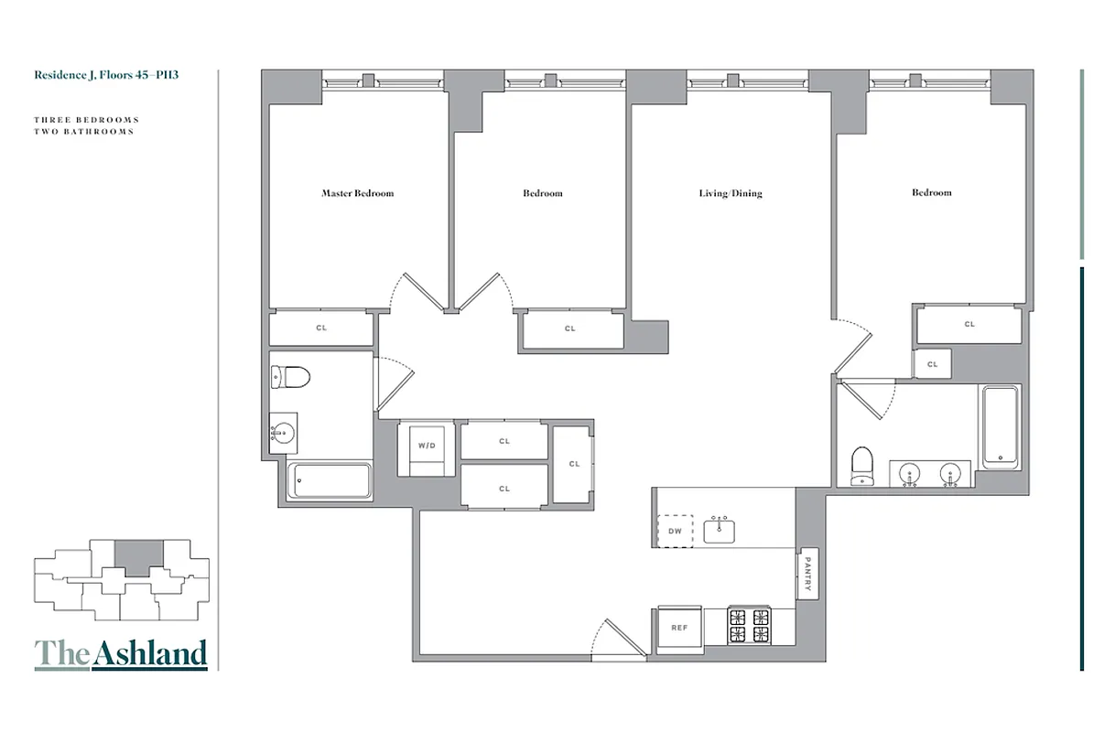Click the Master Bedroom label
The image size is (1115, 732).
(x=357, y=193)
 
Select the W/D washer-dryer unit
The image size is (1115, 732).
(x=427, y=447)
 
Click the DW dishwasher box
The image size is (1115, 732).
(x=676, y=531)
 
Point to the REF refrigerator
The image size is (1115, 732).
(x=679, y=628)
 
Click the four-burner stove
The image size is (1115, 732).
(x=750, y=627)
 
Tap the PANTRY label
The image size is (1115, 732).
(x=807, y=573)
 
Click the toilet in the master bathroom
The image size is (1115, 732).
(x=291, y=376)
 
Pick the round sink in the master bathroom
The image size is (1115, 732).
(x=284, y=432)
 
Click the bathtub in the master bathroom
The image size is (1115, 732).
(x=330, y=480)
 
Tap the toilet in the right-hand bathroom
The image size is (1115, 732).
(x=862, y=465)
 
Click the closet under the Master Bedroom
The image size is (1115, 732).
(x=321, y=328)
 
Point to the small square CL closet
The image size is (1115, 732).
(x=932, y=363)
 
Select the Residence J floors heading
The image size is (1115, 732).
(x=106, y=75)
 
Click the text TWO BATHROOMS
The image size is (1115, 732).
(x=84, y=132)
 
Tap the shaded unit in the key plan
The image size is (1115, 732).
(x=138, y=555)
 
